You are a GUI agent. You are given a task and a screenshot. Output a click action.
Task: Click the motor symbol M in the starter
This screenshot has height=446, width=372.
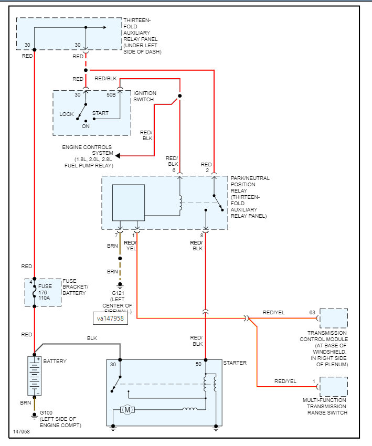127,409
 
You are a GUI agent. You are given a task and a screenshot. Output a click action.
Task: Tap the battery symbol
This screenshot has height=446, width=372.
34,376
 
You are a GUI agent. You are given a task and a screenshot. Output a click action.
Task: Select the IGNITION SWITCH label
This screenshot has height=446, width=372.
145,96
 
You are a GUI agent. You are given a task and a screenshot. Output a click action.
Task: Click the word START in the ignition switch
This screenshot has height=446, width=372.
100,113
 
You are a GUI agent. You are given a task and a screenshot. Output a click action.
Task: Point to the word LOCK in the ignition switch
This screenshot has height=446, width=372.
67,114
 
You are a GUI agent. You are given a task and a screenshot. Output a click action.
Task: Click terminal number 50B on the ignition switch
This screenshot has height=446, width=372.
111,95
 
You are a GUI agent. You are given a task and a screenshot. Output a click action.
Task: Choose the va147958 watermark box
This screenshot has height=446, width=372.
110,317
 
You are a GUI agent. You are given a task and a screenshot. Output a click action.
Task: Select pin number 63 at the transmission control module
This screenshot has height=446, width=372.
312,313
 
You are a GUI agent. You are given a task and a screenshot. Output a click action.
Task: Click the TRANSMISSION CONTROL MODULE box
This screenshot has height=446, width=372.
334,318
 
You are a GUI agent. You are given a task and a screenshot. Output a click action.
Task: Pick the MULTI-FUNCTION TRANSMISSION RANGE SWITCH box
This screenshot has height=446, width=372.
334,387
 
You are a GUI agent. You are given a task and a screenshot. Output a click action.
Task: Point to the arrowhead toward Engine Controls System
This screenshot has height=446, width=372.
118,155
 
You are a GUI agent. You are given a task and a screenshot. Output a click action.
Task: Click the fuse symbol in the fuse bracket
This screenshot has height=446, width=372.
34,293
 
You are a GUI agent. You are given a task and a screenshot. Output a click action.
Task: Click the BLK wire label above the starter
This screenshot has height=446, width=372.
92,338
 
